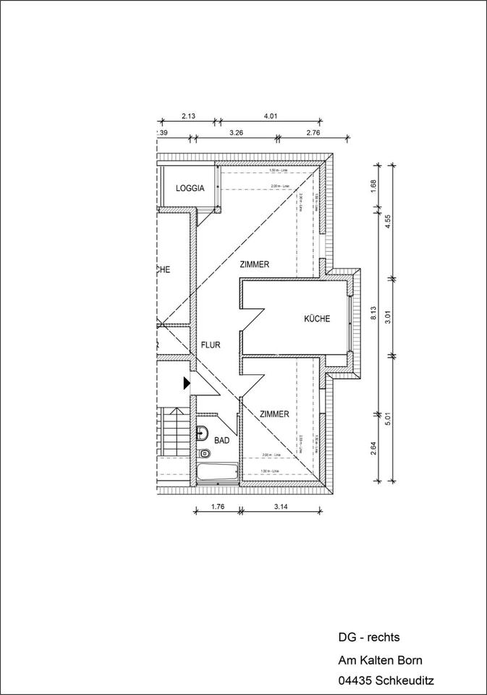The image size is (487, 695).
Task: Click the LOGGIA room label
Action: (190, 188)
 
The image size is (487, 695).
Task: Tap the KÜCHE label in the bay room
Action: (317, 319)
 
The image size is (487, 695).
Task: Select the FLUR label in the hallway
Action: (211, 345)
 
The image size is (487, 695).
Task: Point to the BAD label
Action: (222, 439)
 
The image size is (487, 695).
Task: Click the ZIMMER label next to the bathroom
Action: (274, 414)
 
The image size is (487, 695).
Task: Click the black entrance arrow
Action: (186, 382)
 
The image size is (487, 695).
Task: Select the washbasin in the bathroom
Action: (201, 434)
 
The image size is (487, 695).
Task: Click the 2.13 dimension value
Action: (188, 116)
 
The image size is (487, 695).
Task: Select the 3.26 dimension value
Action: (236, 133)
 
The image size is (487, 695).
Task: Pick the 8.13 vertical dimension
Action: (373, 313)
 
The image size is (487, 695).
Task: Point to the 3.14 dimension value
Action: (281, 507)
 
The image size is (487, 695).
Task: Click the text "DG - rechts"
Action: (368, 638)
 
